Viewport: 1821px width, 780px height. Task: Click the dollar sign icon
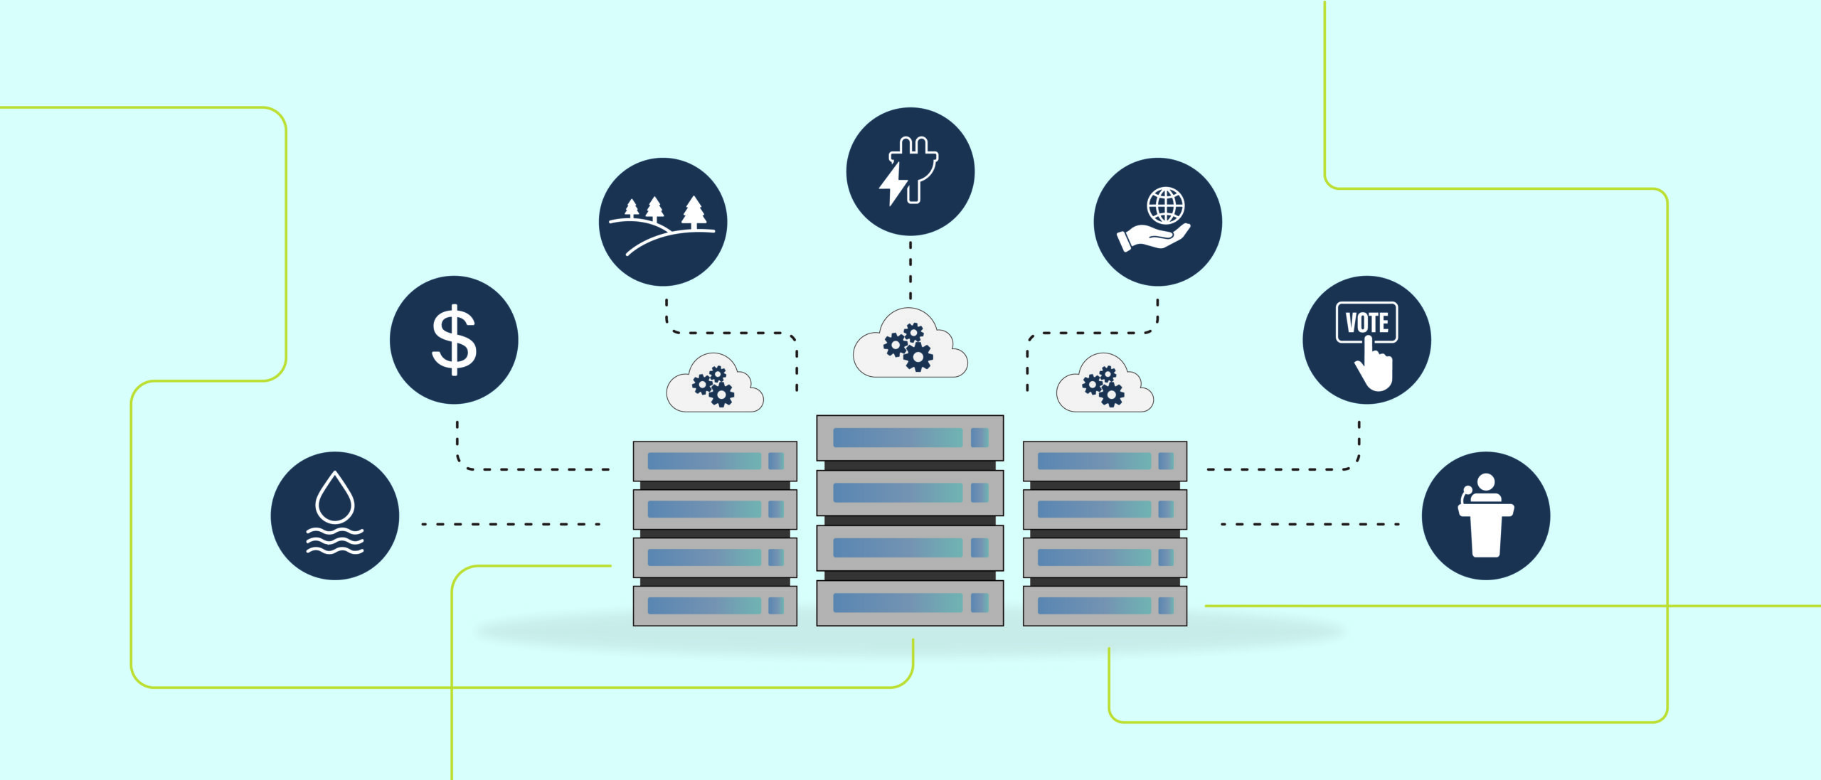click(x=454, y=340)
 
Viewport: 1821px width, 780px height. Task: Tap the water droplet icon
click(x=334, y=498)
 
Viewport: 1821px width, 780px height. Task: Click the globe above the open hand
click(x=1166, y=205)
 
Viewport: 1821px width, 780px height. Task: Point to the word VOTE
click(x=1366, y=323)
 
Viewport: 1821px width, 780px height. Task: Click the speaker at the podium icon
click(x=1486, y=515)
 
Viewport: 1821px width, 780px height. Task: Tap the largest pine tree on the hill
click(x=694, y=212)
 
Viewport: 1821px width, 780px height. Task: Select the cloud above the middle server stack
click(x=910, y=343)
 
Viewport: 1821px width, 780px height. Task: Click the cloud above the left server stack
click(x=715, y=383)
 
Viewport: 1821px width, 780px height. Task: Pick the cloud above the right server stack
click(x=1105, y=383)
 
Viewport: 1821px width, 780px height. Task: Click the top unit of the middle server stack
click(x=910, y=438)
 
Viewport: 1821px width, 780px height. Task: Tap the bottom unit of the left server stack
click(x=715, y=606)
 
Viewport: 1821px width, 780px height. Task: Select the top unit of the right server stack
click(x=1105, y=461)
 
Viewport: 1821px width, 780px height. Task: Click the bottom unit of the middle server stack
click(x=910, y=604)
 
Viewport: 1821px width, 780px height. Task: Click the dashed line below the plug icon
click(x=910, y=271)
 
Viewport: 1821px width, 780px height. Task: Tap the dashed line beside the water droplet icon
click(x=511, y=524)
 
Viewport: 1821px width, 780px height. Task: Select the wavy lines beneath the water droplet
click(x=334, y=540)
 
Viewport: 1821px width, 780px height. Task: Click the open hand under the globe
click(x=1153, y=237)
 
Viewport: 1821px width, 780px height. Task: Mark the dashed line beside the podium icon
click(x=1310, y=524)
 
